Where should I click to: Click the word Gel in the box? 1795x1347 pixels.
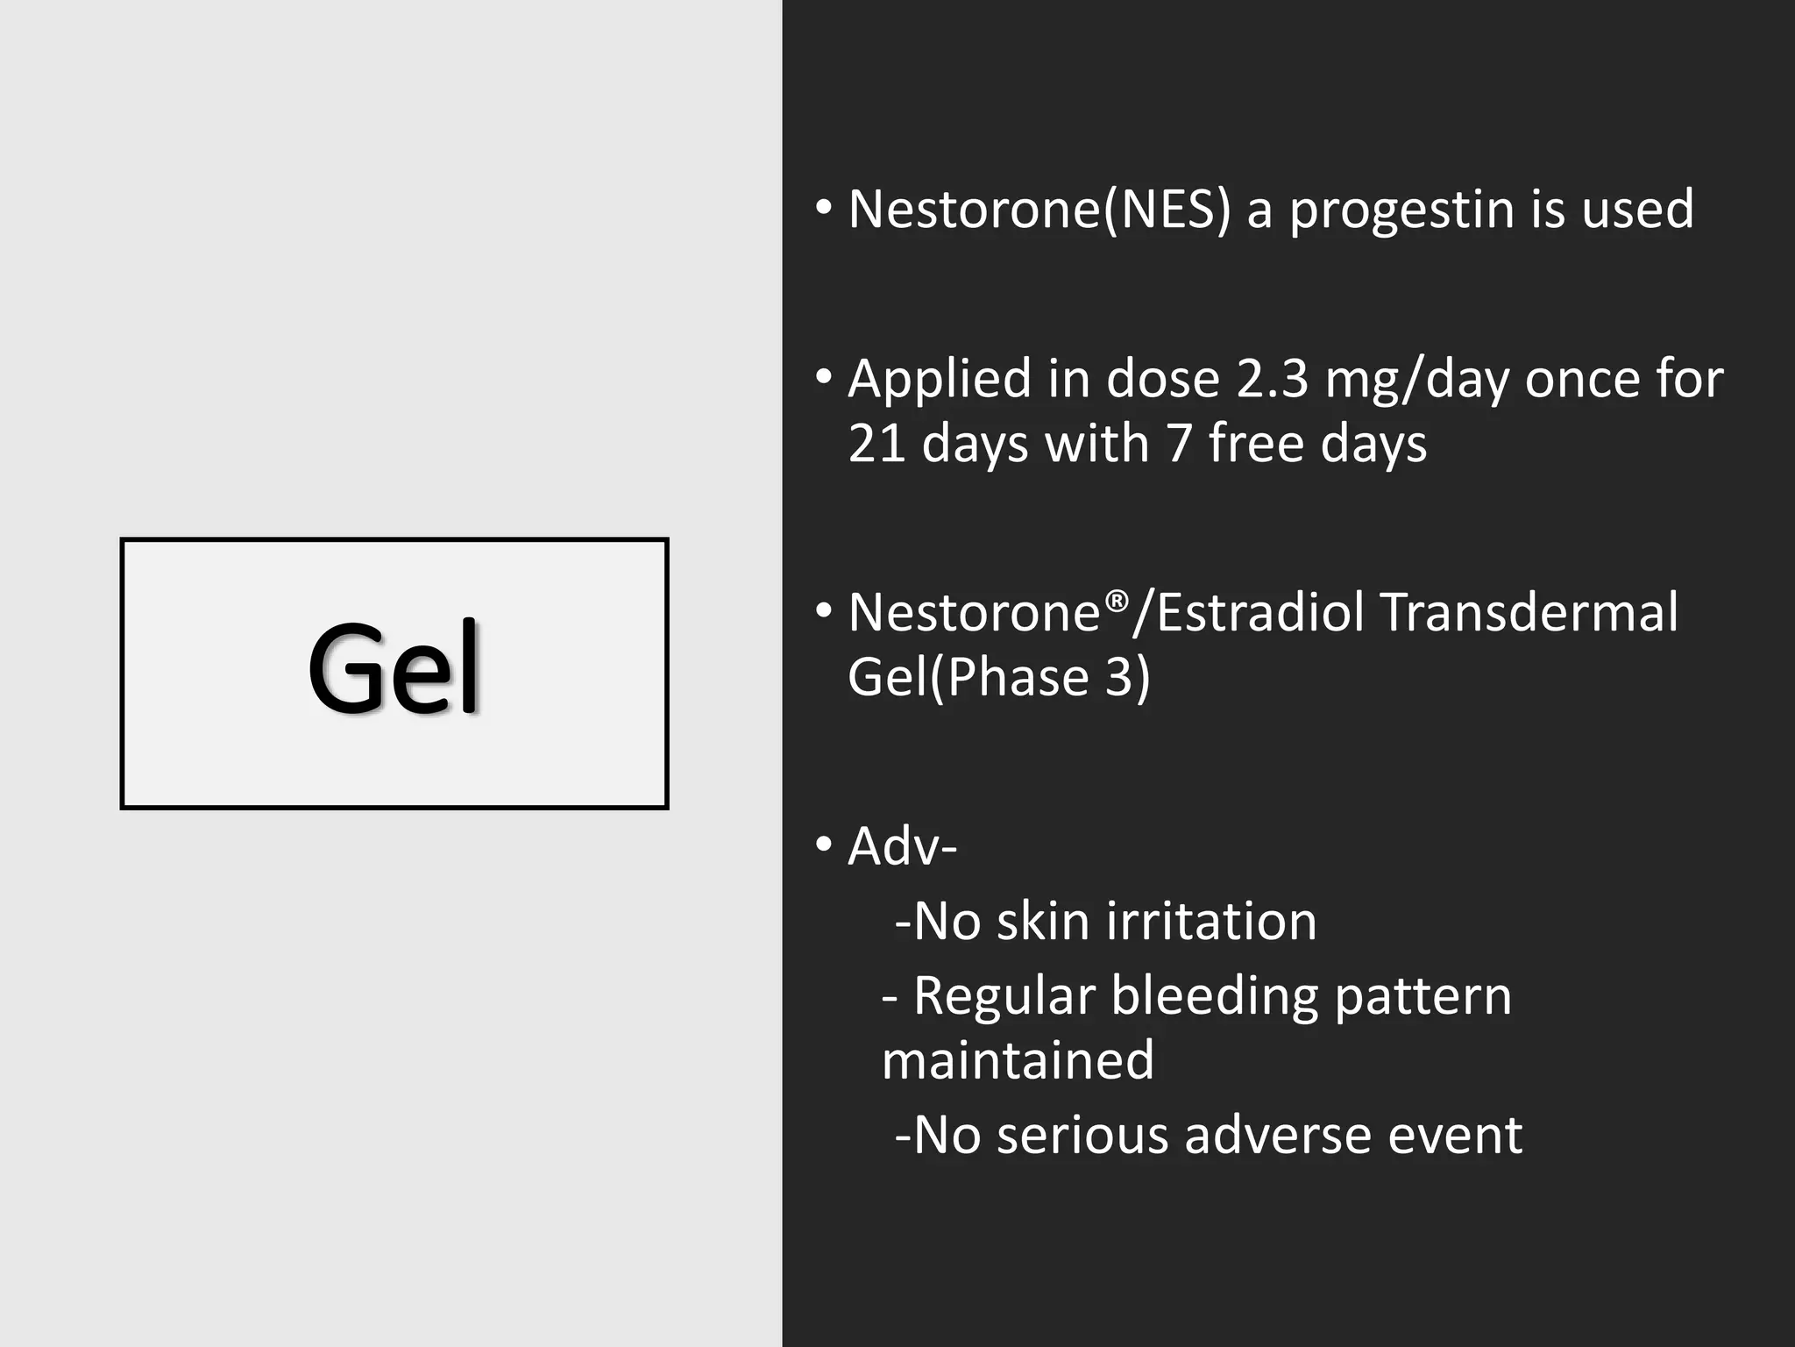click(x=394, y=669)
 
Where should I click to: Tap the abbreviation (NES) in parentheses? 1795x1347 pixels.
click(x=1167, y=210)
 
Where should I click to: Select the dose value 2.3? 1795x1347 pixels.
click(x=1272, y=380)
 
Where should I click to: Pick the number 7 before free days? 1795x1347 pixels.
click(x=1179, y=443)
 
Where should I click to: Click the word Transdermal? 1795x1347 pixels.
click(x=1529, y=612)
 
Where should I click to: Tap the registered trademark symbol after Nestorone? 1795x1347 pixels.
click(x=1116, y=602)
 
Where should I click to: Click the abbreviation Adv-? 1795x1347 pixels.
click(x=902, y=847)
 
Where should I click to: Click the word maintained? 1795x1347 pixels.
click(x=1018, y=1060)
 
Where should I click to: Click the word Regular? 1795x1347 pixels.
click(x=1004, y=997)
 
